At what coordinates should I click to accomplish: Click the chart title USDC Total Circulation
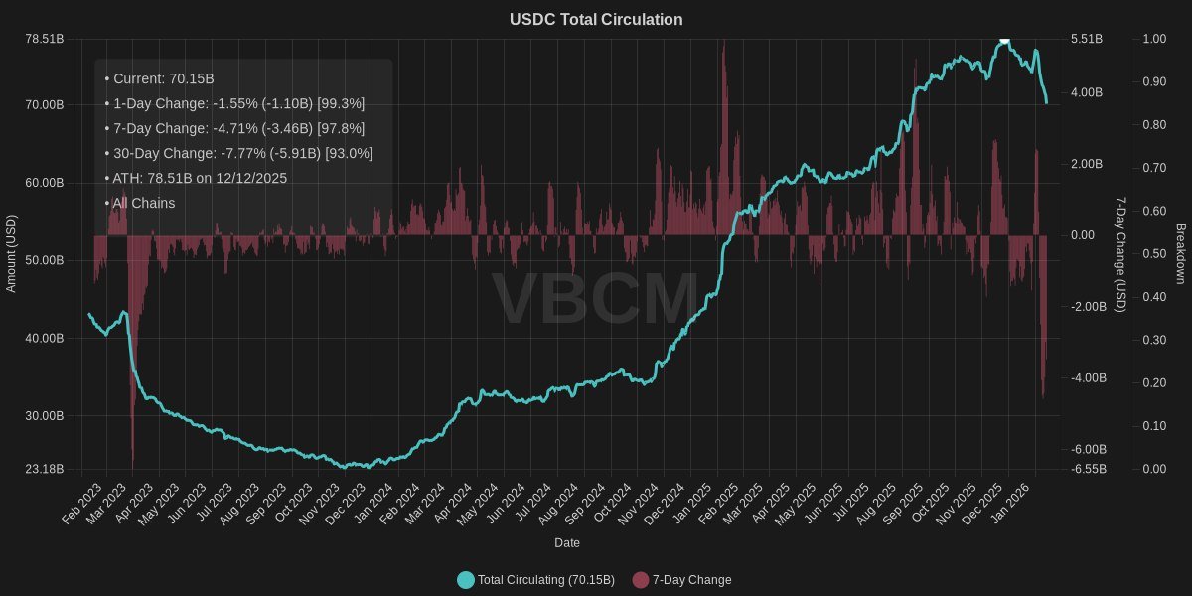(596, 20)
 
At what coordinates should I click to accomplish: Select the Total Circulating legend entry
(545, 580)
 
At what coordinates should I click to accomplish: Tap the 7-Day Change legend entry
(691, 580)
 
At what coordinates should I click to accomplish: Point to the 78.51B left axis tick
(44, 39)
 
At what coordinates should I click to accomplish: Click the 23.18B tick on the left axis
(44, 469)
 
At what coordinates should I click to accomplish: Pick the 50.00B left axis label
(44, 260)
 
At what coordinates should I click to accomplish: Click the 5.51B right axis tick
(1087, 39)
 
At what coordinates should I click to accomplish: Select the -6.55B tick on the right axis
(1089, 469)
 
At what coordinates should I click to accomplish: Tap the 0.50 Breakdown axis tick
(1126, 254)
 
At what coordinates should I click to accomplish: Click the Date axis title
(567, 543)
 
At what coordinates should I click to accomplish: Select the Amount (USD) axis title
(12, 253)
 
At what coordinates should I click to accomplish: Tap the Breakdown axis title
(1180, 253)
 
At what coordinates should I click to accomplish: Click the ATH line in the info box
(196, 178)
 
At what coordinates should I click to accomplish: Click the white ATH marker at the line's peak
(1004, 40)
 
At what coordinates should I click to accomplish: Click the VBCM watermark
(596, 298)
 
